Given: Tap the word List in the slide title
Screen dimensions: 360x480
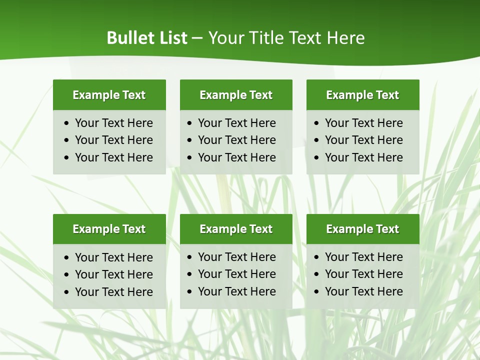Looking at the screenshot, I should click(x=171, y=38).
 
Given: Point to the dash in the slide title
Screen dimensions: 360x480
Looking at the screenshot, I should click(x=197, y=38).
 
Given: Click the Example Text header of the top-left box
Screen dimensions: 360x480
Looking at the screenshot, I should click(x=109, y=95).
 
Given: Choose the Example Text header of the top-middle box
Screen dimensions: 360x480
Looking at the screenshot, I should click(x=236, y=95).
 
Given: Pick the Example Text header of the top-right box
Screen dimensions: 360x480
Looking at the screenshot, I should click(x=362, y=95).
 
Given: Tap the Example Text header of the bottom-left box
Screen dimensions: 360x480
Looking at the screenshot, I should click(x=109, y=229).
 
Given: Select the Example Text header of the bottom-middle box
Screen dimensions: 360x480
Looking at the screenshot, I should click(x=236, y=229).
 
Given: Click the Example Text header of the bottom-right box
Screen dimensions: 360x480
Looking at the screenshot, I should click(x=362, y=229).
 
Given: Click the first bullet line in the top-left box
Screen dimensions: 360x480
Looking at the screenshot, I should click(x=113, y=123).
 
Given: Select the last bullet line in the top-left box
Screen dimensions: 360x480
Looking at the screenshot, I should click(x=113, y=157).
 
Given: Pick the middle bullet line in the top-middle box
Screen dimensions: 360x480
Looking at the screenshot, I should click(x=236, y=140).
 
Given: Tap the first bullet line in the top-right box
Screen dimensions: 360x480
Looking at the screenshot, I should click(x=363, y=123).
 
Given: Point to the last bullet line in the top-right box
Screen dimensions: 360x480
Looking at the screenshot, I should click(x=363, y=157).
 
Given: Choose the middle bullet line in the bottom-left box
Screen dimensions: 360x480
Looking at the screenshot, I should click(x=113, y=274).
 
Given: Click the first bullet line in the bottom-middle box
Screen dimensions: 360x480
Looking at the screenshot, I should click(x=236, y=257).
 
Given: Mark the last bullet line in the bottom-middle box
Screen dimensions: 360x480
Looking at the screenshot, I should click(x=236, y=291).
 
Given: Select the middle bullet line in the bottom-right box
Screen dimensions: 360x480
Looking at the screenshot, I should click(x=363, y=274).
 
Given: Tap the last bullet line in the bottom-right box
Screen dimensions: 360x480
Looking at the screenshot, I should click(x=363, y=291).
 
